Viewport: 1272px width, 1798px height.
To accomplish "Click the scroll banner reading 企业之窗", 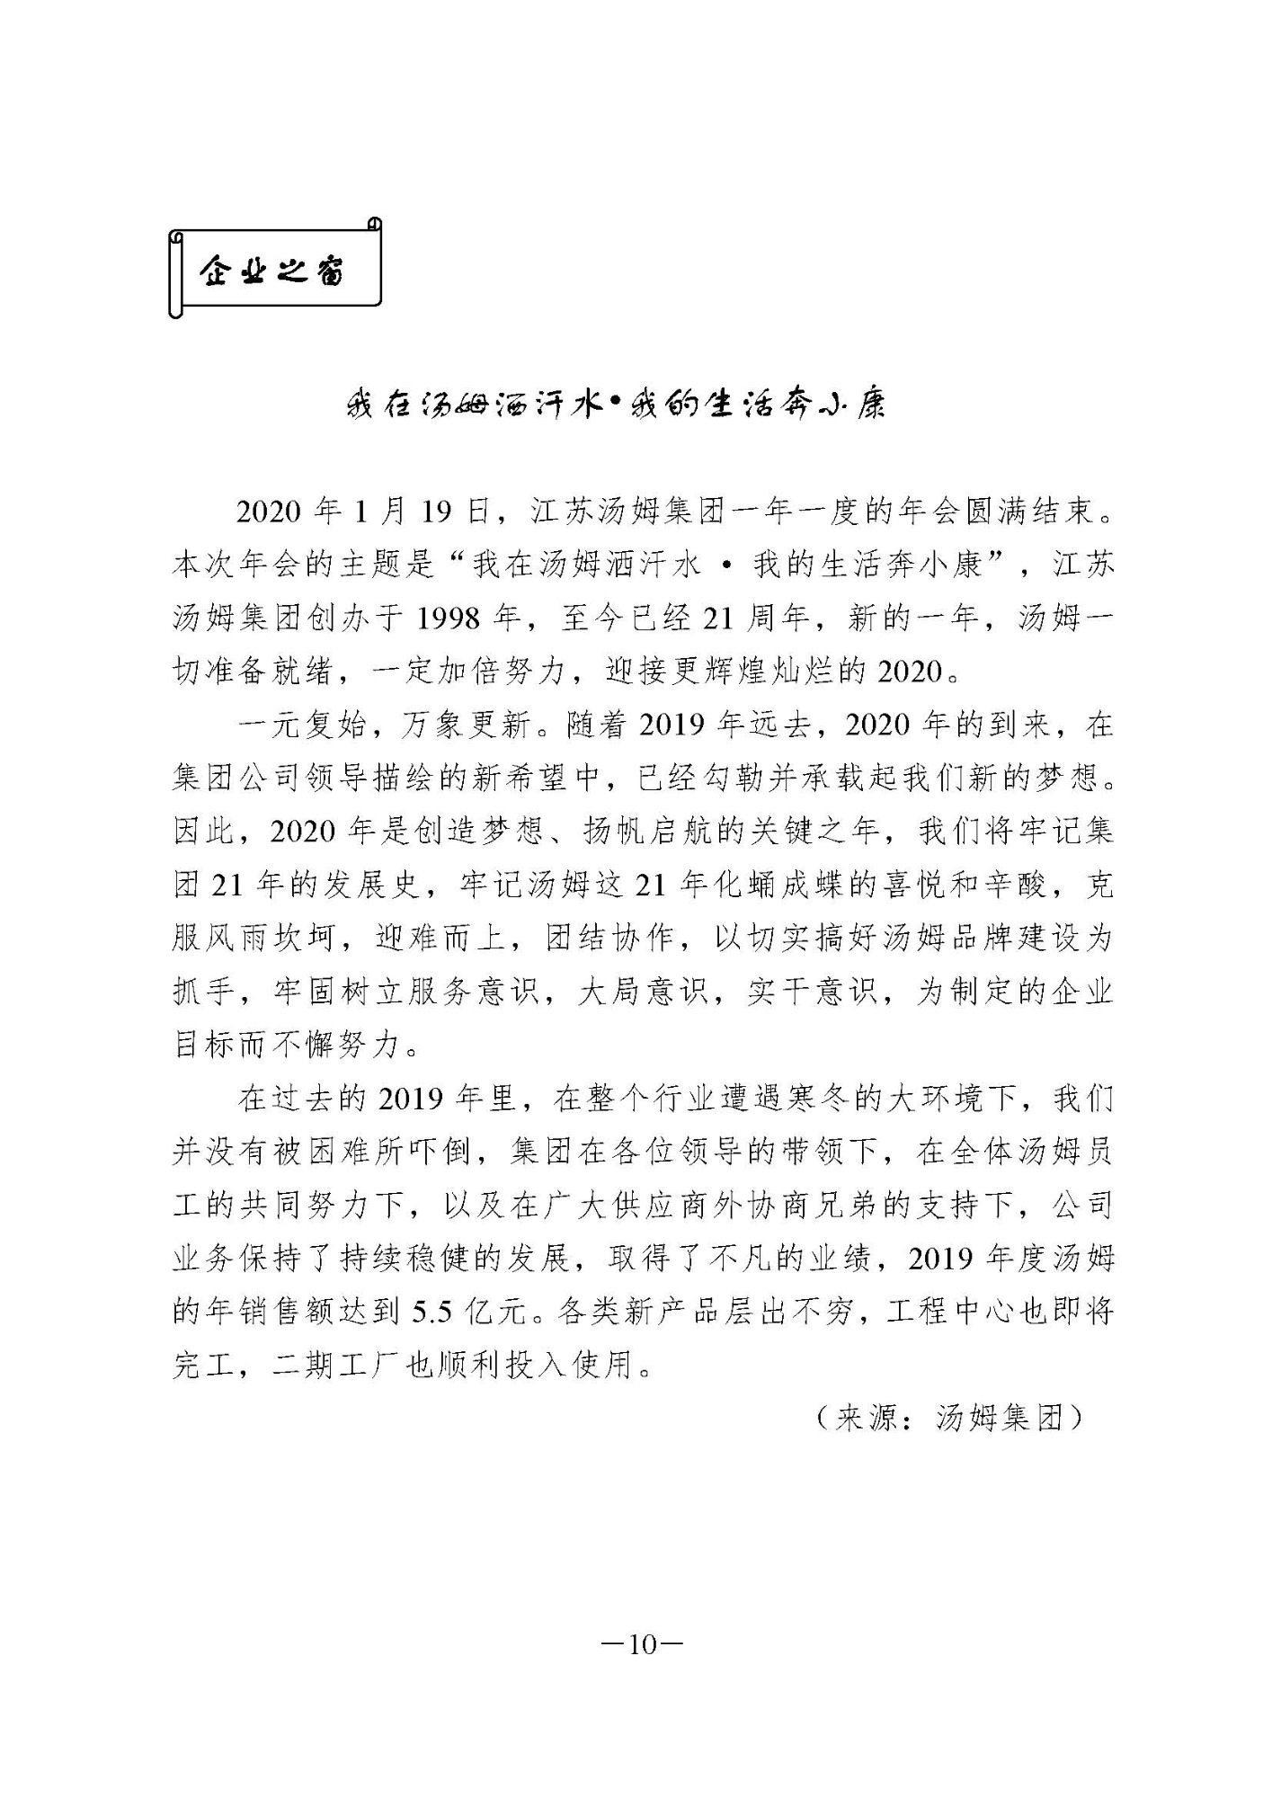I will (275, 269).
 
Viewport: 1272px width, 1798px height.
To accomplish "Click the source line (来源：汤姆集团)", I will (948, 1418).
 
